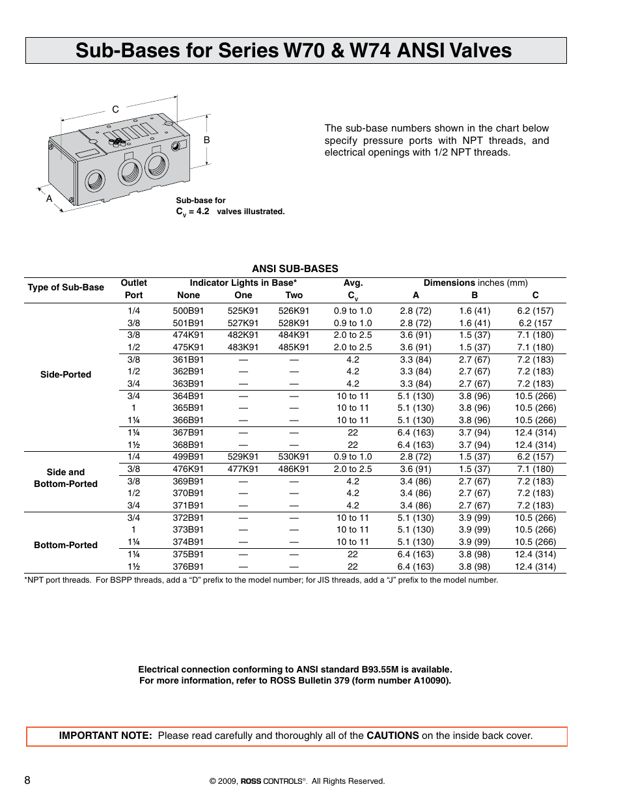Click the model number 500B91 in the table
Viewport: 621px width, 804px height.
[188, 311]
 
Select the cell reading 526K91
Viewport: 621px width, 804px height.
[294, 311]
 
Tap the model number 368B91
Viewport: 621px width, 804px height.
[188, 445]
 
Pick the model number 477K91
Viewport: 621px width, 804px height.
[243, 469]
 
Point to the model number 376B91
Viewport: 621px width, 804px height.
[188, 566]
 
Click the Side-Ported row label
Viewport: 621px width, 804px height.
[66, 374]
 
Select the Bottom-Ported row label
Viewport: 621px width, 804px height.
[66, 545]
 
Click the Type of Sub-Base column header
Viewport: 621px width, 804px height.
[66, 287]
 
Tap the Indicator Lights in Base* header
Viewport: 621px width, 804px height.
[243, 283]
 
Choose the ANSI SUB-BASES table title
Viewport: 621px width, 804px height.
[295, 268]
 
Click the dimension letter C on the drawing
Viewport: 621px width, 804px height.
[115, 109]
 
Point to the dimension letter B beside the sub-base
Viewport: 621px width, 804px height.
[207, 140]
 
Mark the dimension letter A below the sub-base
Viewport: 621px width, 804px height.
[49, 199]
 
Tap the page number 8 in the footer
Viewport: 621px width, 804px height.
[27, 780]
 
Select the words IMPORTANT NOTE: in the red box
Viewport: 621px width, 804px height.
[105, 736]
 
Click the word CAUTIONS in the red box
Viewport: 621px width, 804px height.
[393, 736]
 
